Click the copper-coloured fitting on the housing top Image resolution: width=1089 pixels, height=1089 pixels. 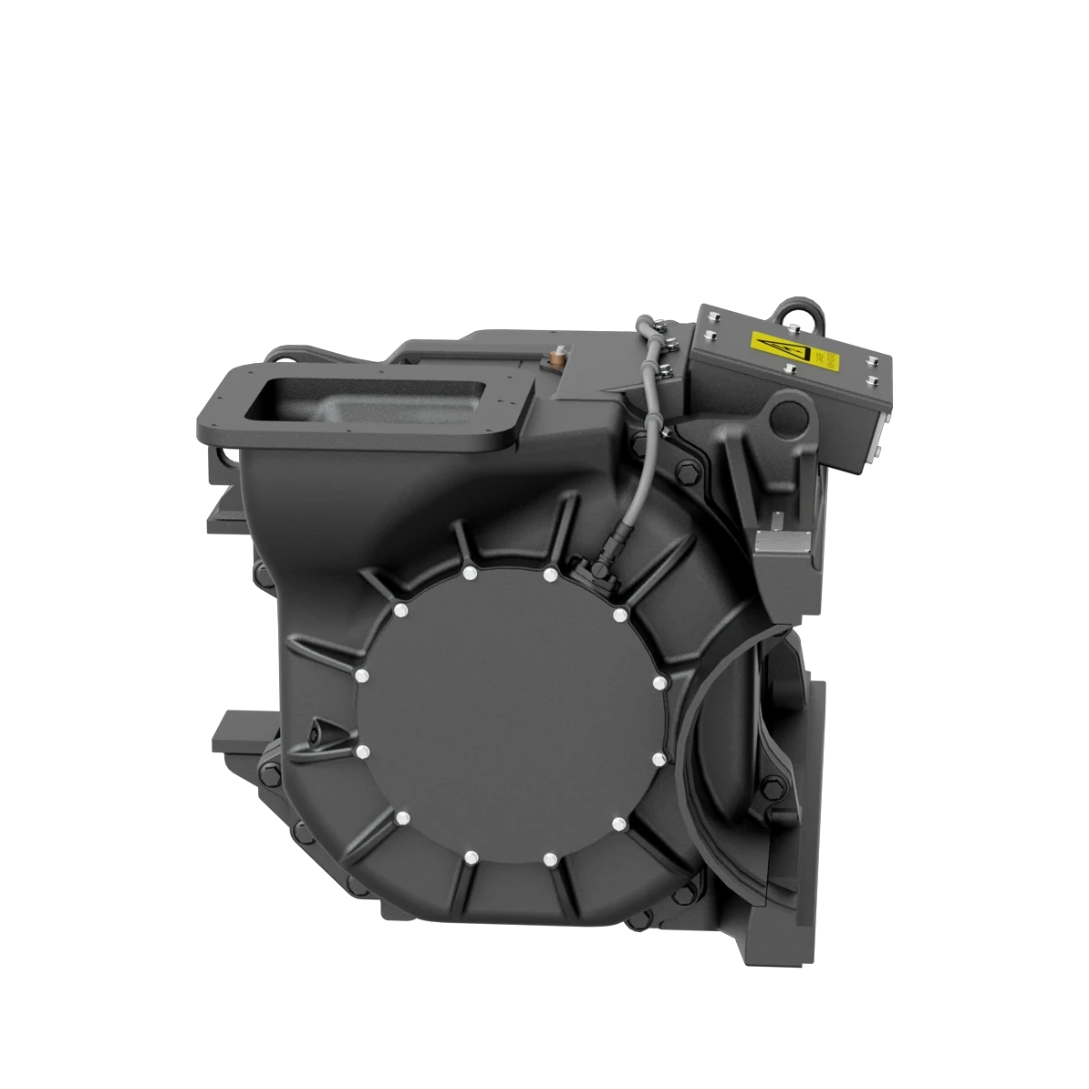pyautogui.click(x=556, y=355)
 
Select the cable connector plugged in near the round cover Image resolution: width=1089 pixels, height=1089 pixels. pyautogui.click(x=602, y=567)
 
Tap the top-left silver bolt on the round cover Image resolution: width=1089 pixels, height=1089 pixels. pyautogui.click(x=470, y=574)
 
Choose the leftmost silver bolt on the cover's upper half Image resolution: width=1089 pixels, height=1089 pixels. pyautogui.click(x=362, y=676)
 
